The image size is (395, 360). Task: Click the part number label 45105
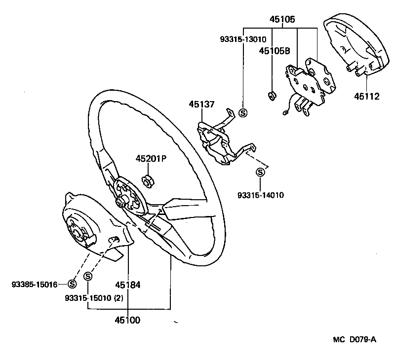(282, 20)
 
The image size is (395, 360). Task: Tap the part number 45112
(366, 96)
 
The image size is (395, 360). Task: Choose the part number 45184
(128, 285)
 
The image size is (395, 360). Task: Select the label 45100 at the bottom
(128, 320)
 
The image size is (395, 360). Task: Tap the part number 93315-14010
(261, 195)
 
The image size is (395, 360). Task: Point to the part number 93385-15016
(35, 284)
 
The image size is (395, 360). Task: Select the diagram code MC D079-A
(354, 339)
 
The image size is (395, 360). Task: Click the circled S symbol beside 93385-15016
(72, 284)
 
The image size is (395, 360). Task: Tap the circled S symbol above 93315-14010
(260, 172)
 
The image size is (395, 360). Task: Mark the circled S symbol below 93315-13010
(243, 112)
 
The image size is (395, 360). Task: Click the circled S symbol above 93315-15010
(88, 276)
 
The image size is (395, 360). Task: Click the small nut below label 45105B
(271, 95)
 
